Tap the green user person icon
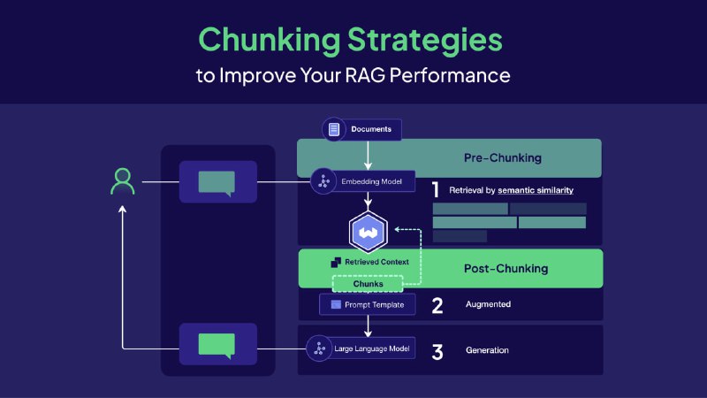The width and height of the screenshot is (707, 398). coord(123,180)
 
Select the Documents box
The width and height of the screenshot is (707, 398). coord(361,130)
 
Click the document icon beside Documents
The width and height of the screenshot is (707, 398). coord(334,130)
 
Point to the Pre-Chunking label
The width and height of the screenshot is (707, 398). coord(502,158)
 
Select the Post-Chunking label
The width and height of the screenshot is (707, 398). coord(505,268)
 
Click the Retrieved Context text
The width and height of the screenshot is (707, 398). coord(376,262)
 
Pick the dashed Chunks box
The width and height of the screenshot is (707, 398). coord(368,284)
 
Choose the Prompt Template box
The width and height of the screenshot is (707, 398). coord(367,304)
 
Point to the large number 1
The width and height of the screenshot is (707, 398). coord(435,189)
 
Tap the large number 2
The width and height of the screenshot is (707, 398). coord(437,306)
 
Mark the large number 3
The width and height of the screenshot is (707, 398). coord(437,351)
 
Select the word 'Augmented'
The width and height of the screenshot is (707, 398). coord(488,305)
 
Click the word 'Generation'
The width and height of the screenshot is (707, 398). coord(487,350)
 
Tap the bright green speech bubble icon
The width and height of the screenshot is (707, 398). coord(217,344)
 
